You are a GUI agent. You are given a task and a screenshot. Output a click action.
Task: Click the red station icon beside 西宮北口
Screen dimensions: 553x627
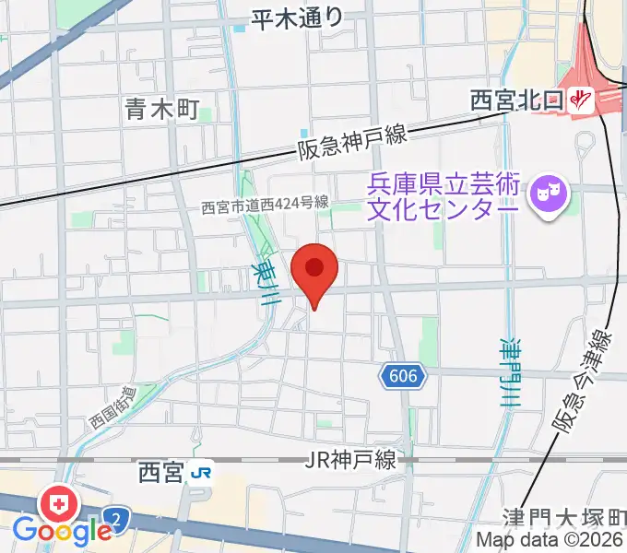(581, 99)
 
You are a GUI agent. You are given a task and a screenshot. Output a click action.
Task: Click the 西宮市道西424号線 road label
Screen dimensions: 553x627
(266, 207)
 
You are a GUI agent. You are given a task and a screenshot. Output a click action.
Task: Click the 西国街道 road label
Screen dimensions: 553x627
(112, 407)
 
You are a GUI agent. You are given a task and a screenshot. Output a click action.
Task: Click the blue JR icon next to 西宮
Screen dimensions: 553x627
(200, 474)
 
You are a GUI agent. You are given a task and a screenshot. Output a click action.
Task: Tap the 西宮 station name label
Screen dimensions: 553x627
(161, 474)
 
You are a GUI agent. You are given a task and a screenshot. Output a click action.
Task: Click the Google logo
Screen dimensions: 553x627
(63, 531)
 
